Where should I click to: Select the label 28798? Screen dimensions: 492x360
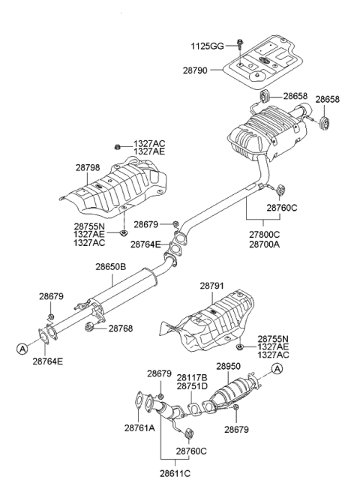(x=88, y=168)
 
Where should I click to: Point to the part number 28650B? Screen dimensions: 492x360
(x=110, y=266)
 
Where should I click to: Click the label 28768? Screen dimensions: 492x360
(x=121, y=328)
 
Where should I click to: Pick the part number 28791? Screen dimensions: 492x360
(x=214, y=286)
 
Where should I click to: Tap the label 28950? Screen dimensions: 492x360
(x=229, y=367)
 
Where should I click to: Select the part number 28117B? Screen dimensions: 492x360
(x=192, y=377)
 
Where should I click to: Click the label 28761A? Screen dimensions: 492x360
(x=141, y=427)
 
